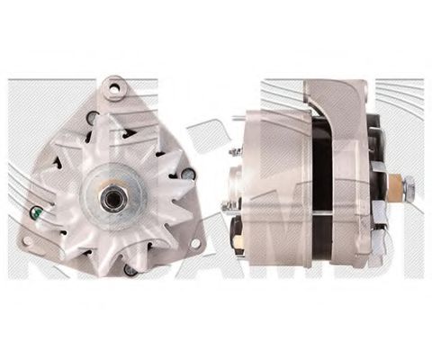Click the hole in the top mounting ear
coord(115,88)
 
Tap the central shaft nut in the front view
coord(112,199)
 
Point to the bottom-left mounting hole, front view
coord(30,241)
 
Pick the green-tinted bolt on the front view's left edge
coord(36,213)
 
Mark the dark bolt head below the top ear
coord(93,118)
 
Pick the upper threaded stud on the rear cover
coord(236,152)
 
